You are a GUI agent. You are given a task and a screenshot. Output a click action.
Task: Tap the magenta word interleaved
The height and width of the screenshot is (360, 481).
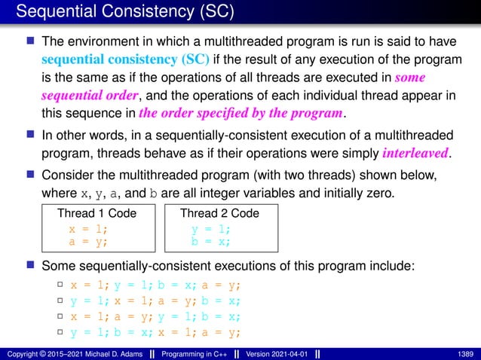point(415,153)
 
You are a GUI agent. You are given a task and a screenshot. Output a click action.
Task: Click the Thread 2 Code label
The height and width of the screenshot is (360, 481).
point(219,213)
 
